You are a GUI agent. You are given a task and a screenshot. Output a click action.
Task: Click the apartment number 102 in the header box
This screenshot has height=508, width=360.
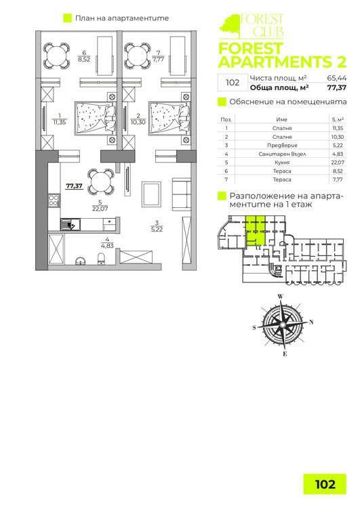pyautogui.click(x=232, y=83)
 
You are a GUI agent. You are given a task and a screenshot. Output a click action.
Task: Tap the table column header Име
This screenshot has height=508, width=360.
pyautogui.click(x=272, y=119)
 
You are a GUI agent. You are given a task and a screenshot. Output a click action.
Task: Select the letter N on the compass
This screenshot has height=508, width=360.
pyautogui.click(x=311, y=322)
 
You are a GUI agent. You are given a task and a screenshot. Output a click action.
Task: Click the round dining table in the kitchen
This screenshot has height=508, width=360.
pyautogui.click(x=100, y=182)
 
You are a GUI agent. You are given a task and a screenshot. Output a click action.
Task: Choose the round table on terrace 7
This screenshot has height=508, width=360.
pyautogui.click(x=138, y=54)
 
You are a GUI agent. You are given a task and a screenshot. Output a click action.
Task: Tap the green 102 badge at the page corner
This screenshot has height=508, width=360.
pyautogui.click(x=325, y=484)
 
